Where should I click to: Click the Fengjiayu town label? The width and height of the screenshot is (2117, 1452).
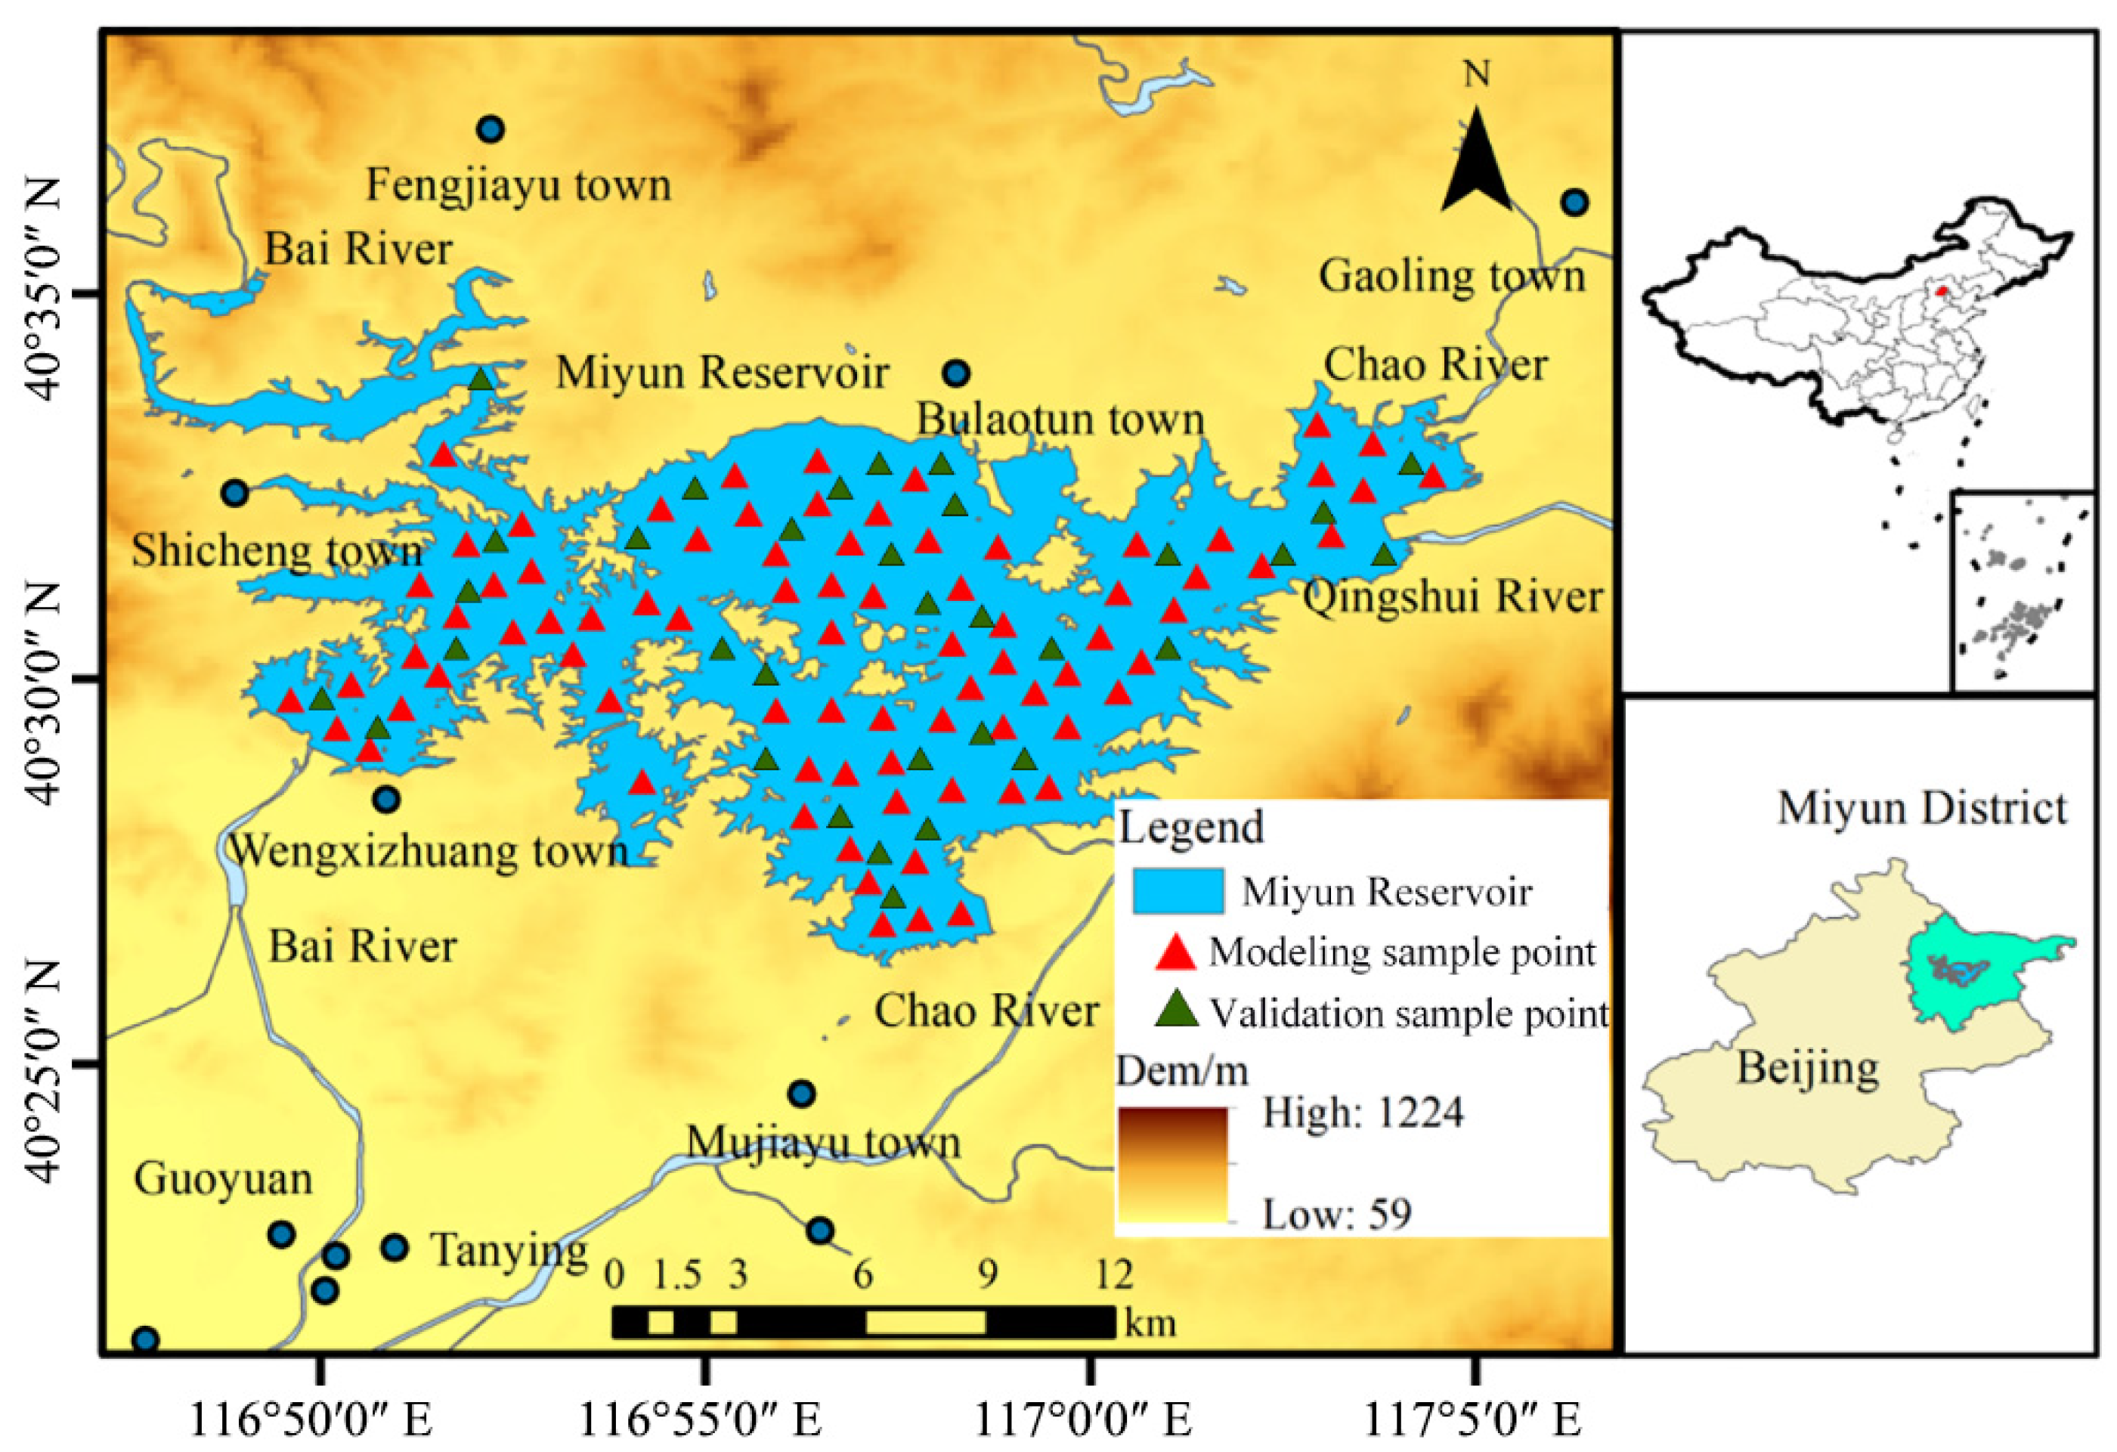click(x=518, y=186)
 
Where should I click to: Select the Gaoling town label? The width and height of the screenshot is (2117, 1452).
click(x=1452, y=276)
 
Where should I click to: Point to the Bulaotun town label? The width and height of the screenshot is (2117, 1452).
click(x=1060, y=420)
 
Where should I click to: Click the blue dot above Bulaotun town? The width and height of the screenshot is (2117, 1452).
click(x=955, y=373)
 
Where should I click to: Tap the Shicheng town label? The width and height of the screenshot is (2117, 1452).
click(x=277, y=551)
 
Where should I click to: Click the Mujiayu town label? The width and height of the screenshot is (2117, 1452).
click(x=822, y=1142)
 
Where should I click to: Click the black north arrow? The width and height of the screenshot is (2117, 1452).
click(x=1476, y=173)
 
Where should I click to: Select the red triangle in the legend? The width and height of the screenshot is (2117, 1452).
click(x=1175, y=952)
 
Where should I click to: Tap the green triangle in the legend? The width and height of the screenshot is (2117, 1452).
click(x=1175, y=1011)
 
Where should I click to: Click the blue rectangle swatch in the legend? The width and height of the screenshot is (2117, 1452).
click(x=1178, y=891)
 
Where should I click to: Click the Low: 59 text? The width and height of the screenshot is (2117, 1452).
click(x=1336, y=1214)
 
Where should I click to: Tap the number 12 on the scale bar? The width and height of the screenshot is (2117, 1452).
click(x=1113, y=1274)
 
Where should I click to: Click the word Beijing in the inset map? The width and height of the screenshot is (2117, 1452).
click(x=1807, y=1067)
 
